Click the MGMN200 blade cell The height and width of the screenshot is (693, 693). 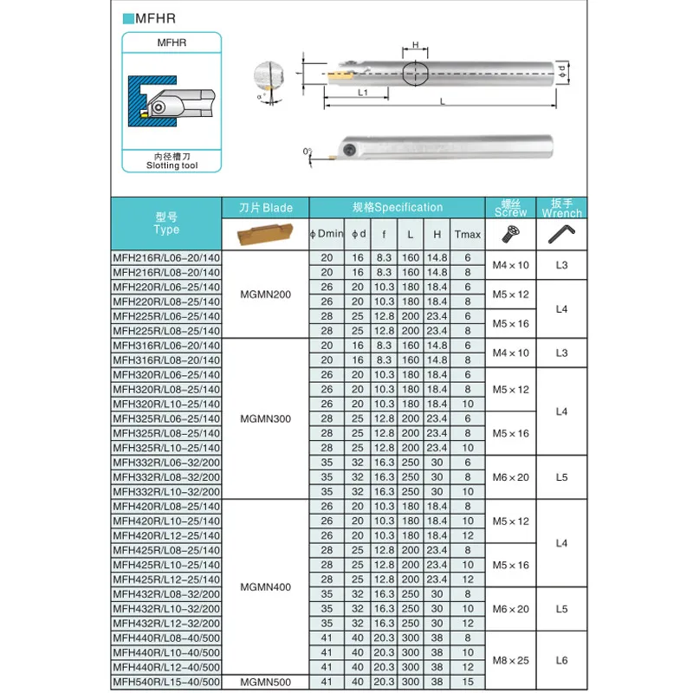tap(266, 295)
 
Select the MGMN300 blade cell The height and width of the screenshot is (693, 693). tap(266, 418)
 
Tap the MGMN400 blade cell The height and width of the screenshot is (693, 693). tap(266, 586)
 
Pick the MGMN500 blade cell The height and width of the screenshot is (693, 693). tap(266, 681)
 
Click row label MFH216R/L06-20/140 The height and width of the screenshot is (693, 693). tap(166, 257)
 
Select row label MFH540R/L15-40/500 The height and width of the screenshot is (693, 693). tap(166, 681)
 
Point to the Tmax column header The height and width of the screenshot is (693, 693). tap(468, 235)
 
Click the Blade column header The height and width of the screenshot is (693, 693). tap(266, 208)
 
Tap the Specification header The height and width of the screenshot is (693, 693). tap(398, 207)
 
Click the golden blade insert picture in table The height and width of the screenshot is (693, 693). tap(266, 235)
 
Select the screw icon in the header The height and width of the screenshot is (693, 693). tap(510, 234)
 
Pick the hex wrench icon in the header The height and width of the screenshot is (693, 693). tap(561, 235)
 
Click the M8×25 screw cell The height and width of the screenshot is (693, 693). tap(510, 659)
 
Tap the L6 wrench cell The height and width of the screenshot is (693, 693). tap(561, 659)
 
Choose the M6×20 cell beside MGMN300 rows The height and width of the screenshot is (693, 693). tap(510, 477)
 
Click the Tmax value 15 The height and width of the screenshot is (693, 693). tap(468, 681)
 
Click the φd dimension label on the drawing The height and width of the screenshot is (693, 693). tap(562, 68)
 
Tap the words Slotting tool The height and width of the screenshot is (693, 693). tap(172, 165)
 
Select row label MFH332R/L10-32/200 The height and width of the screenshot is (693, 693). tap(166, 491)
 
